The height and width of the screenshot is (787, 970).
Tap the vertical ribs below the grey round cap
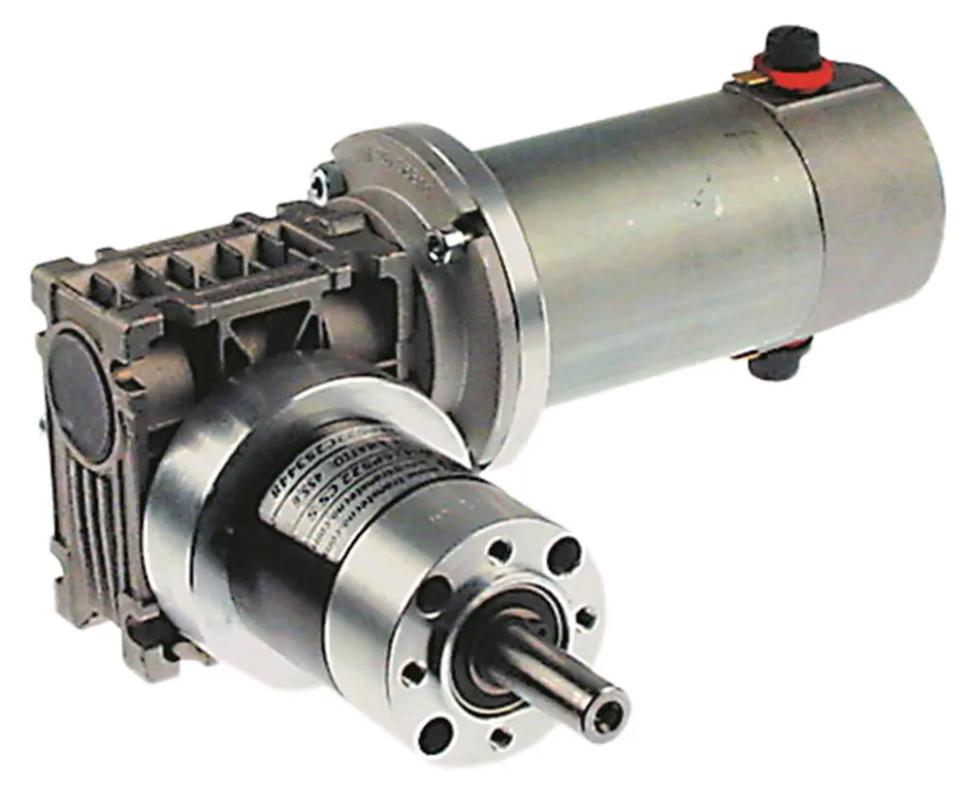pyautogui.click(x=107, y=523)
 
